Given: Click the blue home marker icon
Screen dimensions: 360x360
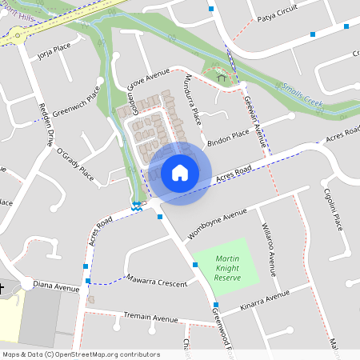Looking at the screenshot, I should coord(179,173).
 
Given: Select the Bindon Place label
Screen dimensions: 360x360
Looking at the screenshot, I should coord(229,137).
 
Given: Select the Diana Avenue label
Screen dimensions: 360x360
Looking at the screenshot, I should coord(56,286).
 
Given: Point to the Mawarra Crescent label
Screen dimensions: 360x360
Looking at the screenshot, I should coord(157,280).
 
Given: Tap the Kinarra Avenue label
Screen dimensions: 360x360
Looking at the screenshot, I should coord(264,302).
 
